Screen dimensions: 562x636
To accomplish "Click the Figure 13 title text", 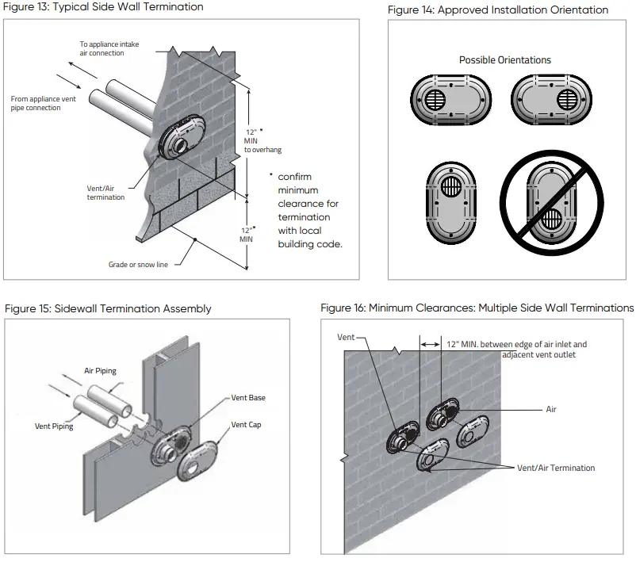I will tap(103, 7).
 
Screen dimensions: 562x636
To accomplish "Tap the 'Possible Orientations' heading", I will tap(504, 60).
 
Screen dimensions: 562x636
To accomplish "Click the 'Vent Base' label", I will tap(248, 398).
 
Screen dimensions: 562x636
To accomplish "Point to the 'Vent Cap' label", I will tap(246, 425).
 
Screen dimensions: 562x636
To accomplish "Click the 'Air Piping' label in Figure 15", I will tap(102, 370).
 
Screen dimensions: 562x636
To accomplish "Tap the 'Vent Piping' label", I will tap(54, 426).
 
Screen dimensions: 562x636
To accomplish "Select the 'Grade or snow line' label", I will tap(138, 264).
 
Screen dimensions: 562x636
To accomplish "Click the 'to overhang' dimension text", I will tap(262, 149).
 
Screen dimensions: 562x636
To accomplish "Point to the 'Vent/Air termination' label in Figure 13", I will tap(105, 193).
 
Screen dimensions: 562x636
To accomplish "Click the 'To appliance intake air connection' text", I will tap(109, 48).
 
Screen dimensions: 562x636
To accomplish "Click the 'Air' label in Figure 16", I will tap(550, 410).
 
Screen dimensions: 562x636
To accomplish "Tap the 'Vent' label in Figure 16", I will tap(346, 338).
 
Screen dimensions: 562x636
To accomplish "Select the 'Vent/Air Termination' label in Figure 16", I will tap(555, 468).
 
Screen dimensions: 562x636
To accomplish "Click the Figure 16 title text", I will tap(477, 308).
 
